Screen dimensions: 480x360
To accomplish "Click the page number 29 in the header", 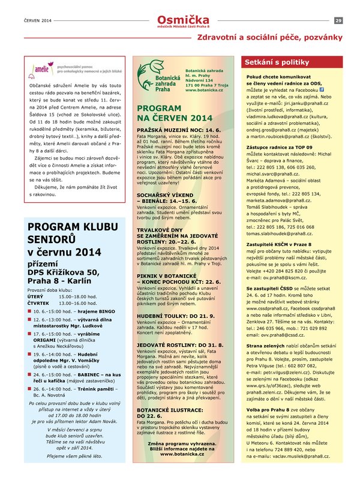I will (338, 20).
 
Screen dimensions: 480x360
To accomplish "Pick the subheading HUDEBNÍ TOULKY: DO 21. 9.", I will (176, 314).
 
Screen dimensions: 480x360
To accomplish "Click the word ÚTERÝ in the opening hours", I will (35, 296).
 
